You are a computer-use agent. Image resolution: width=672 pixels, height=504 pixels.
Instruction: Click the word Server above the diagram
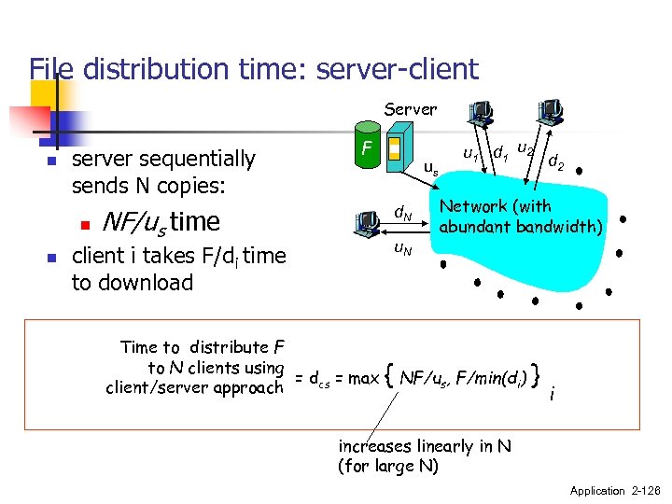(x=411, y=109)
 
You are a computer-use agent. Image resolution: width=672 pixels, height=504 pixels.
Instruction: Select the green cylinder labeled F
(x=369, y=149)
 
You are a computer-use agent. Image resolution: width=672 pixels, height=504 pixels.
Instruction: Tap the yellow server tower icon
(x=395, y=148)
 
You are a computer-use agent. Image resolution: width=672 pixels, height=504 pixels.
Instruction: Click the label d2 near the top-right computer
(x=555, y=163)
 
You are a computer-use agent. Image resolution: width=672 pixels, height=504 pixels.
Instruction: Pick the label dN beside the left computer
(x=403, y=216)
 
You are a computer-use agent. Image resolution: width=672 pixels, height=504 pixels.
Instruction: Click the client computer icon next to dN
(x=368, y=222)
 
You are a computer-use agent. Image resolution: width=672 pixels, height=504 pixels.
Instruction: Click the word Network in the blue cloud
(x=472, y=206)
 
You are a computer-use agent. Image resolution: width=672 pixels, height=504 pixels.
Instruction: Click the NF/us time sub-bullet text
(x=161, y=222)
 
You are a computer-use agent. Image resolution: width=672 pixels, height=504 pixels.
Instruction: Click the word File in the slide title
(x=53, y=69)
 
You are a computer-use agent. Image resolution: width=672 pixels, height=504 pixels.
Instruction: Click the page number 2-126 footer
(x=641, y=491)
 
